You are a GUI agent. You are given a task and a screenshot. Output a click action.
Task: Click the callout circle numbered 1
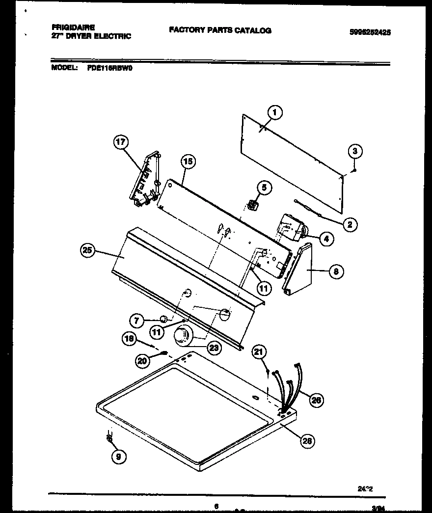(275, 113)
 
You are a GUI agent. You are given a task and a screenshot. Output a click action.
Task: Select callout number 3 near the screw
(356, 151)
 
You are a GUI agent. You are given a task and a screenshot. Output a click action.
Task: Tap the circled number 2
(350, 225)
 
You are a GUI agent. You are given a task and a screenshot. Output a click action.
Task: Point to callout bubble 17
(121, 143)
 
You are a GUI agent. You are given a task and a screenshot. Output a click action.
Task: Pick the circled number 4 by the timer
(325, 239)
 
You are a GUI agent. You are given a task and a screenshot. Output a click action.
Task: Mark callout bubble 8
(335, 270)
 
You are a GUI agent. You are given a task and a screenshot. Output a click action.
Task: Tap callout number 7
(137, 321)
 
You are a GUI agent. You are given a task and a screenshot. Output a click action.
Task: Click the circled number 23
(214, 347)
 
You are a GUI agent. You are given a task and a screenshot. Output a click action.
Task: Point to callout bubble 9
(118, 457)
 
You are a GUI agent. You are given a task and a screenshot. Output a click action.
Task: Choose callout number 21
(259, 351)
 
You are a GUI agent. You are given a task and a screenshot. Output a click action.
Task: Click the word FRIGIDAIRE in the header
(73, 28)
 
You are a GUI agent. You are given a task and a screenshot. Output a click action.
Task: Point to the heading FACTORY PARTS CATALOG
(220, 30)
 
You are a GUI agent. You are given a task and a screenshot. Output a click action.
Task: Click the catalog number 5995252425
(370, 32)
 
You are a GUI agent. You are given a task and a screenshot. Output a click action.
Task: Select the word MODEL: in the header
(64, 68)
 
